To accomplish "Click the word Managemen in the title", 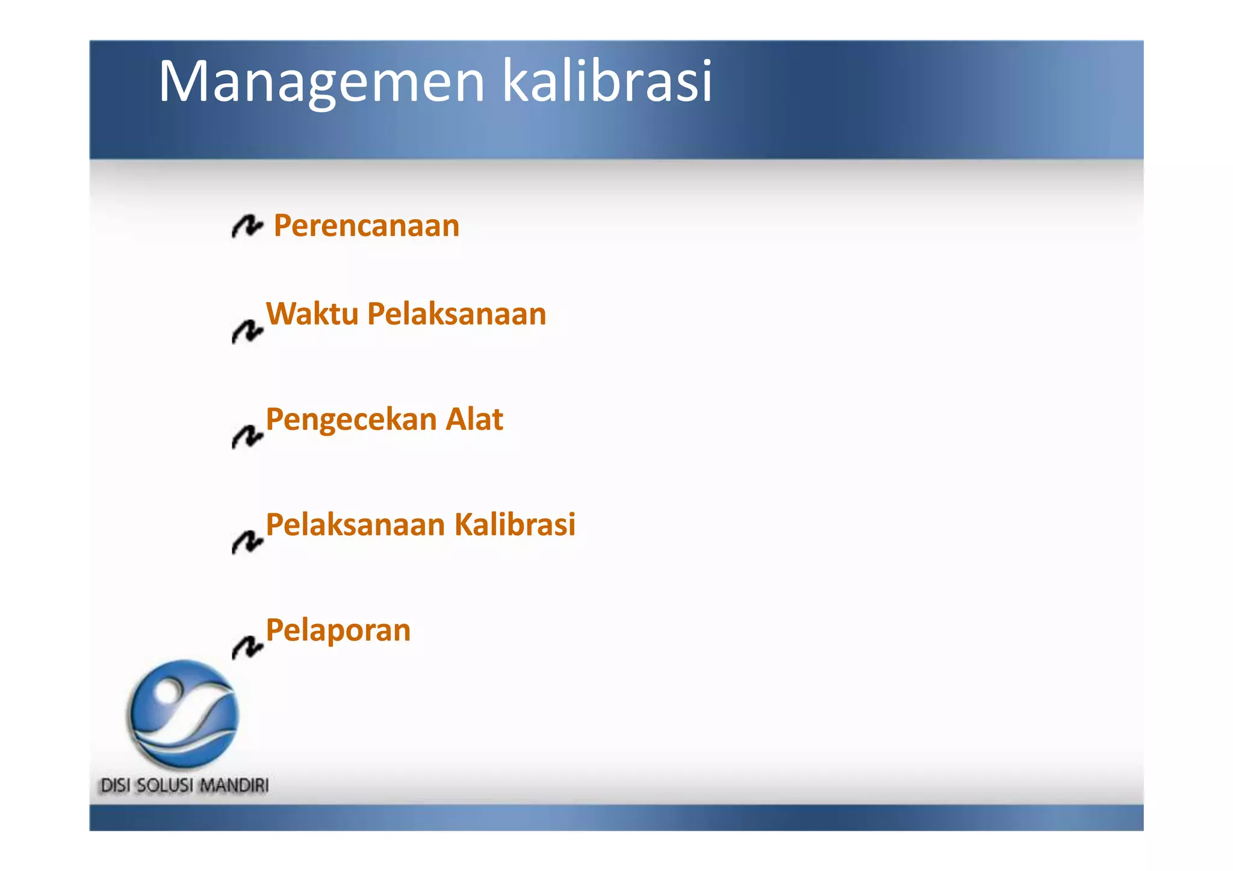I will click(321, 82).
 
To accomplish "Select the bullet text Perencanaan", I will click(366, 226).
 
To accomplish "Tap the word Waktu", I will click(312, 314).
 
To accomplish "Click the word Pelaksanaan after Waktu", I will click(456, 314).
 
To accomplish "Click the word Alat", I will click(474, 419).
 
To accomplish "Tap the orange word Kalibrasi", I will click(515, 524).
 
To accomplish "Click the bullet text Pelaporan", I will click(338, 630).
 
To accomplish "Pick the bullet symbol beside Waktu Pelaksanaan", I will click(247, 331).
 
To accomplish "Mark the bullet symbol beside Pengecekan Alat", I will click(247, 436).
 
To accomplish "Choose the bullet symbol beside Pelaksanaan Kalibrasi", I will click(247, 542).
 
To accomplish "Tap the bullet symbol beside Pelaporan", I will click(247, 647).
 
